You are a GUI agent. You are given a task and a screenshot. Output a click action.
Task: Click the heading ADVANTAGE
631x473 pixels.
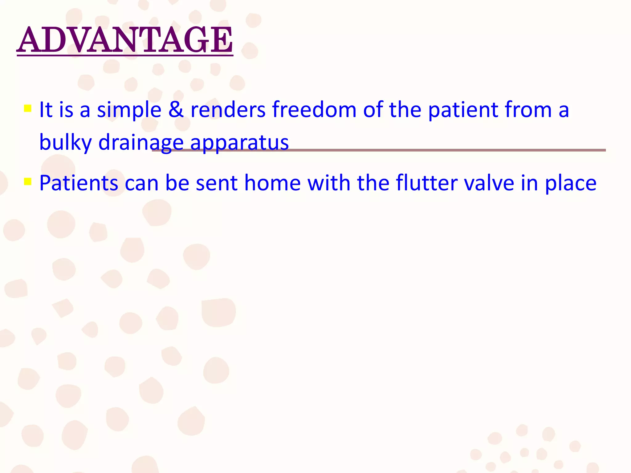[125, 40]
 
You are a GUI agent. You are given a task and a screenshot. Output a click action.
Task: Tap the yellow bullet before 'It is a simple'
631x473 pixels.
[28, 108]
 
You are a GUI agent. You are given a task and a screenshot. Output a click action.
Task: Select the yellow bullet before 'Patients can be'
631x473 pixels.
[28, 181]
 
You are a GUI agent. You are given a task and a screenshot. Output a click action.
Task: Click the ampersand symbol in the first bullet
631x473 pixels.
[176, 110]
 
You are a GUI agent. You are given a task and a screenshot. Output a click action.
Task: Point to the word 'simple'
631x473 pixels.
[129, 110]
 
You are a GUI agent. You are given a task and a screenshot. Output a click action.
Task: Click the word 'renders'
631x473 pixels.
[228, 110]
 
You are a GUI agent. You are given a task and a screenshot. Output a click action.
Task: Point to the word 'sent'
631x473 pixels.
[217, 183]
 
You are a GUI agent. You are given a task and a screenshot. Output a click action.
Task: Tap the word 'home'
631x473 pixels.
[272, 183]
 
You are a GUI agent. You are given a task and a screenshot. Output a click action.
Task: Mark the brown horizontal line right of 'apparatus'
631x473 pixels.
[447, 150]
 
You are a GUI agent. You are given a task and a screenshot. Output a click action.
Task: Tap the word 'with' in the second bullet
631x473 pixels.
[329, 183]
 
